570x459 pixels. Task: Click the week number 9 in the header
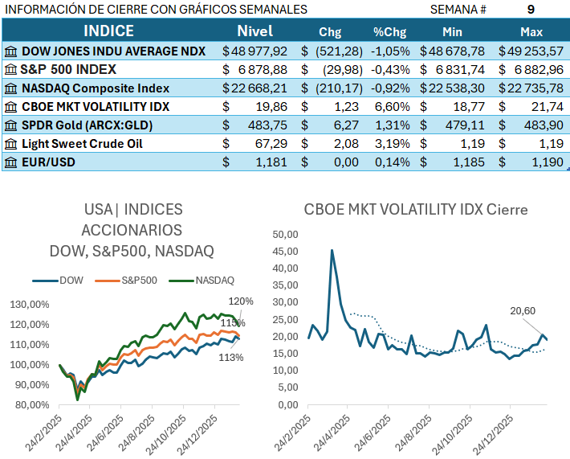pos(531,10)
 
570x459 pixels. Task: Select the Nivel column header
pos(255,31)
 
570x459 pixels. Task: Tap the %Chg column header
pos(390,32)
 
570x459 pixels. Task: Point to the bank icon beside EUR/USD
pos(10,162)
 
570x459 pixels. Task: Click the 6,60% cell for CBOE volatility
pos(392,106)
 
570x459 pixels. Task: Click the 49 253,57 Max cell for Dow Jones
pos(531,51)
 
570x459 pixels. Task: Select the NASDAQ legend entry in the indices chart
pos(206,281)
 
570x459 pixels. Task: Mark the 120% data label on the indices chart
pos(241,301)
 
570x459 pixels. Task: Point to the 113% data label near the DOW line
pos(231,357)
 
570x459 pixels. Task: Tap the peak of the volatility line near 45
pos(332,250)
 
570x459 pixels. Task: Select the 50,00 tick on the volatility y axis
pos(285,235)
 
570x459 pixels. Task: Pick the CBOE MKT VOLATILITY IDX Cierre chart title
pos(416,210)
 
